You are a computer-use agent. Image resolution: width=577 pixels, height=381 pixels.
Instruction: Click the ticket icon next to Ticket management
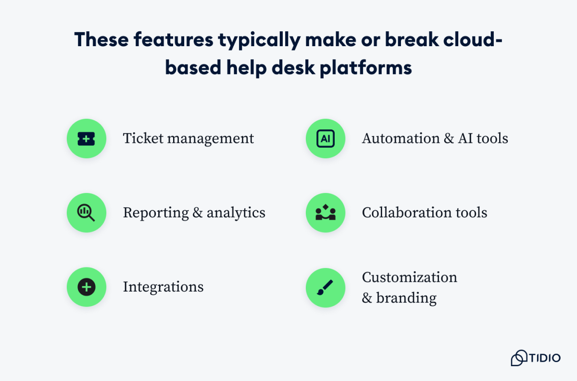[86, 139]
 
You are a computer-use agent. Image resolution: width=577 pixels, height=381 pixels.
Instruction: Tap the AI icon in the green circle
[326, 139]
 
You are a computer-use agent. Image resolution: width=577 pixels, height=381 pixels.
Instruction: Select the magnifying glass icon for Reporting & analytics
[86, 213]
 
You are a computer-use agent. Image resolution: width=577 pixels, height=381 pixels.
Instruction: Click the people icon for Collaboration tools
[326, 213]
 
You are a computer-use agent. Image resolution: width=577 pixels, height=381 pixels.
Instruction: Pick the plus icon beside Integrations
[86, 287]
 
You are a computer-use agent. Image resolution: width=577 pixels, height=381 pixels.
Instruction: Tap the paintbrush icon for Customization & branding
[326, 288]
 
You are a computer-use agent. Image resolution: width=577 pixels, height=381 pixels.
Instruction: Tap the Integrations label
[163, 287]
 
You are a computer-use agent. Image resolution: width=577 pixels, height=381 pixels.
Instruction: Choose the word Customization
[409, 278]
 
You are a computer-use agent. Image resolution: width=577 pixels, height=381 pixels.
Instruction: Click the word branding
[406, 298]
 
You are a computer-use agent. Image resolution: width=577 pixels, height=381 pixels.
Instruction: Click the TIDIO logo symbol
[519, 358]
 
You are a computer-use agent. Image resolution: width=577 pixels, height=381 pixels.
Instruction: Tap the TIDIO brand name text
[545, 358]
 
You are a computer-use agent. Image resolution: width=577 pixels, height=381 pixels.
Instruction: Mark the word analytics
[236, 213]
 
